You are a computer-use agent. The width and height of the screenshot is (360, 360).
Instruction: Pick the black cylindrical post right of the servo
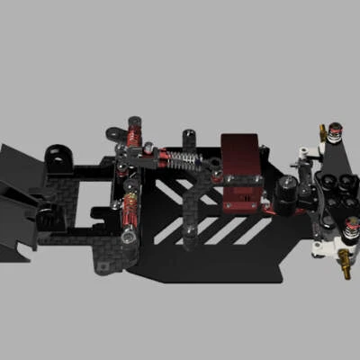coord(288,190)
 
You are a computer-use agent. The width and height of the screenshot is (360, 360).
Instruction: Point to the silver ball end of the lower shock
coord(130,236)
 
